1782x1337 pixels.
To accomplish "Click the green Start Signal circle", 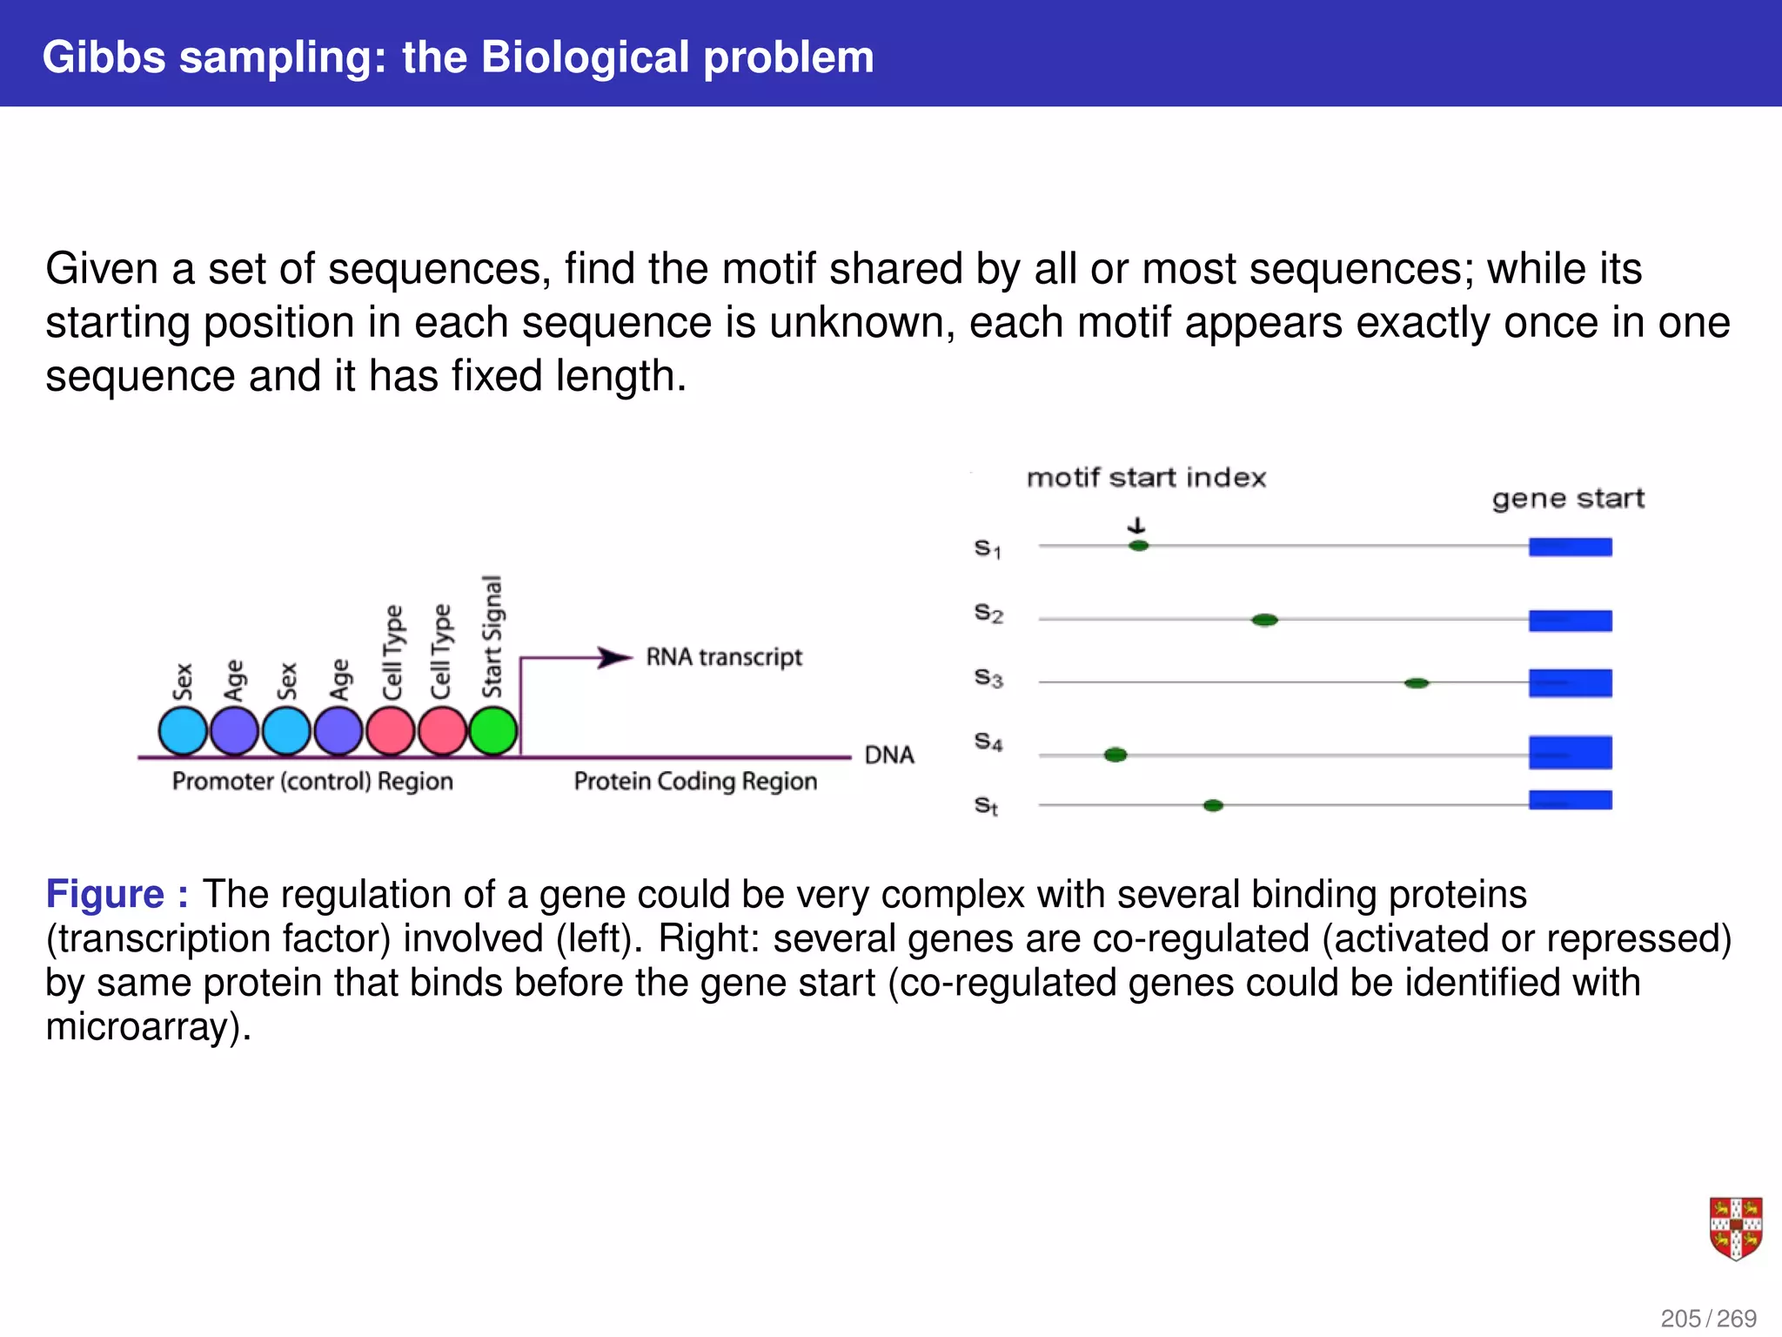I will (x=493, y=730).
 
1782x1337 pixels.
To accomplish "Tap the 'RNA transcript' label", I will (x=724, y=657).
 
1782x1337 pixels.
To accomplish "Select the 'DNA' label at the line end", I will (x=889, y=755).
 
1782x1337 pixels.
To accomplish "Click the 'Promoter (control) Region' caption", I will (x=312, y=781).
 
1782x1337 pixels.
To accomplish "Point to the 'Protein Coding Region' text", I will (x=695, y=781).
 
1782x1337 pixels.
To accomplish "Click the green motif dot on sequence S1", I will (x=1138, y=546).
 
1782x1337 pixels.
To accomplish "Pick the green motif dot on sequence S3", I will (x=1417, y=683).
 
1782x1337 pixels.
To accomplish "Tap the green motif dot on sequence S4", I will (x=1115, y=755).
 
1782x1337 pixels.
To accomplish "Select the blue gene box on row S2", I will (x=1570, y=621).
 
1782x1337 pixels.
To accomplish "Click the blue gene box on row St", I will (x=1570, y=800).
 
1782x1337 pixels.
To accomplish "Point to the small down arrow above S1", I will (x=1136, y=526).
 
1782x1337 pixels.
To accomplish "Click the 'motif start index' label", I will (x=1146, y=478).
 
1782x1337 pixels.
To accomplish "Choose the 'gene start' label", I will (x=1568, y=499).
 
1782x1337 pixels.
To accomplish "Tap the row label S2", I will (x=988, y=614).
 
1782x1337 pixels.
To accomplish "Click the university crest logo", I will (x=1735, y=1228).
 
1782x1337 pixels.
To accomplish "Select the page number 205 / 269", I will (x=1708, y=1318).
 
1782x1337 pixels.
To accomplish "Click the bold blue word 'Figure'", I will (x=105, y=895).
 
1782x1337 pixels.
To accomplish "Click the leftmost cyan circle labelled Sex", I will (x=183, y=730).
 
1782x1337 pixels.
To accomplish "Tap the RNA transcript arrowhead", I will (x=615, y=657).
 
